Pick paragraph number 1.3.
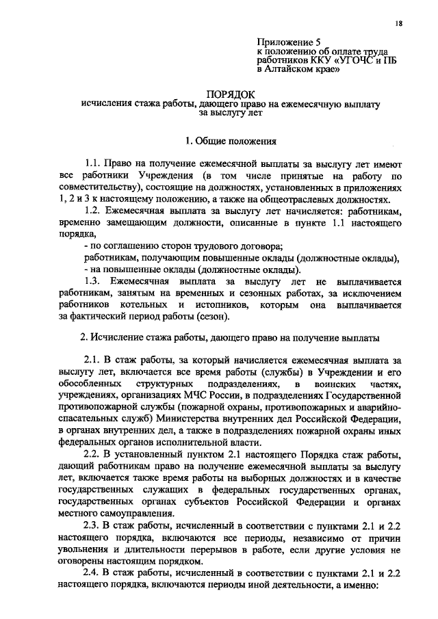point(92,281)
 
